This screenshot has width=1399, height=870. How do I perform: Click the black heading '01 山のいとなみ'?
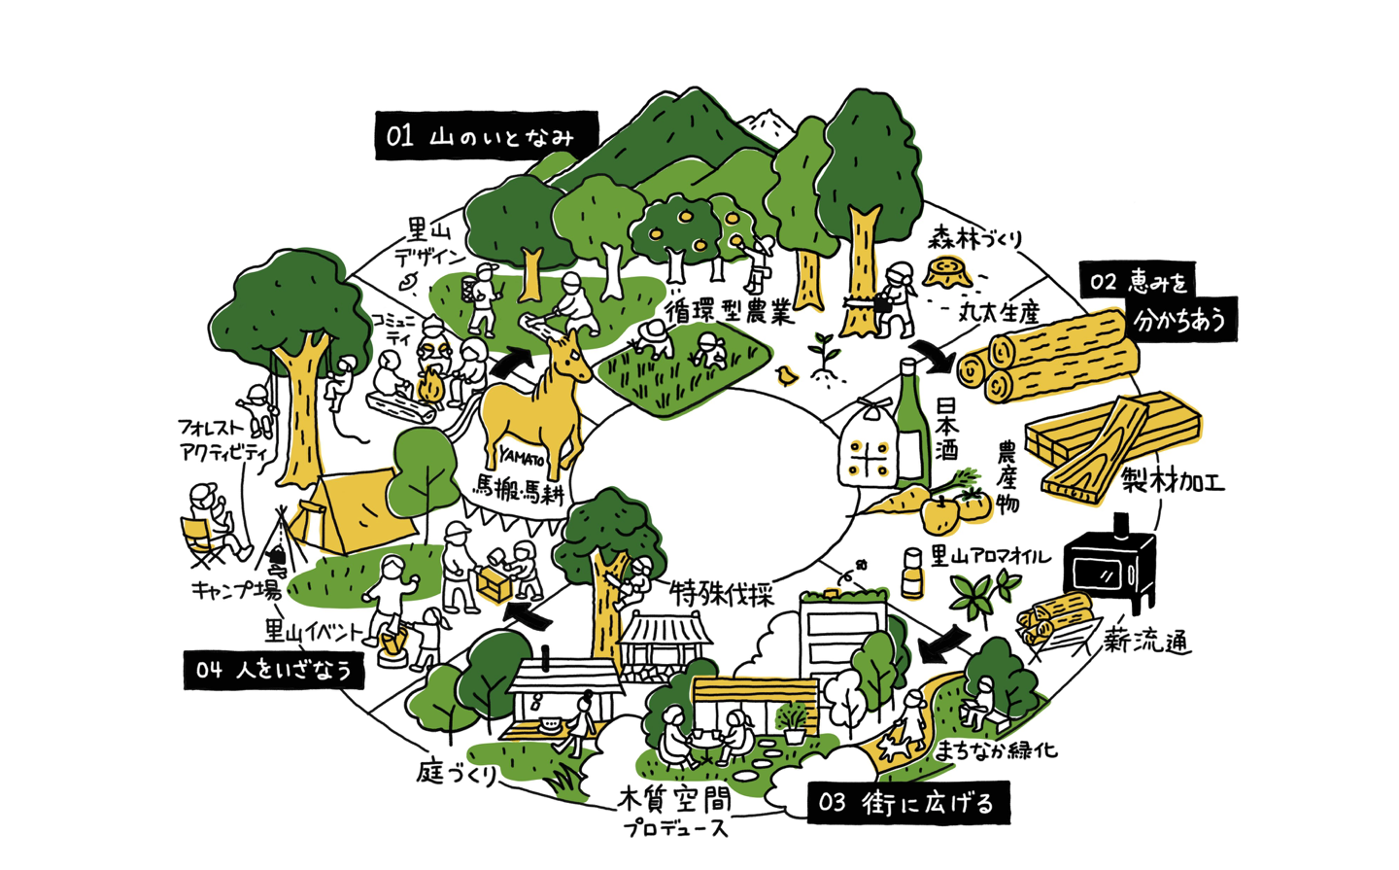(x=486, y=136)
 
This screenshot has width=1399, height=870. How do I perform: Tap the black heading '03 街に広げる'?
(x=907, y=803)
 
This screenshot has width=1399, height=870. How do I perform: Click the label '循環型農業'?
(x=730, y=311)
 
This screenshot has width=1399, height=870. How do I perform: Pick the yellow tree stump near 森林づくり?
(x=947, y=271)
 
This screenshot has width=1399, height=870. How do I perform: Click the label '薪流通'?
(x=1146, y=641)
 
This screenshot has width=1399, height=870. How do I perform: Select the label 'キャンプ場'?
(x=235, y=590)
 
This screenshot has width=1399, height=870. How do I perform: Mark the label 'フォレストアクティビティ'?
(x=222, y=439)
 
